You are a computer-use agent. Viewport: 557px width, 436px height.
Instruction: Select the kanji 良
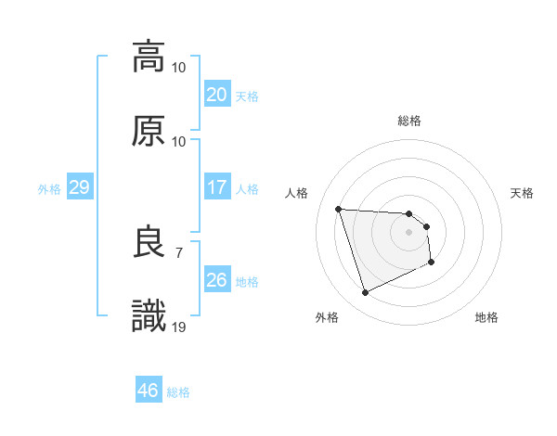(149, 242)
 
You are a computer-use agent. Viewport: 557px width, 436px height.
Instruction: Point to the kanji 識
(149, 316)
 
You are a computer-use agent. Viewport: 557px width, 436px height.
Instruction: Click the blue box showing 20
(216, 94)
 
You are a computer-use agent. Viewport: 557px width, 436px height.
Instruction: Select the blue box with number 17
(216, 187)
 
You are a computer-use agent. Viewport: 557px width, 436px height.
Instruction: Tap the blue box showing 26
(216, 280)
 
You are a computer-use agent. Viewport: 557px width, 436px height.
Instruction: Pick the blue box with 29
(79, 187)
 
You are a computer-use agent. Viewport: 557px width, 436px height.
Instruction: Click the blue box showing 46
(149, 391)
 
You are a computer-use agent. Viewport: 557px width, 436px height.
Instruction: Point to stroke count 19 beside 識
(179, 327)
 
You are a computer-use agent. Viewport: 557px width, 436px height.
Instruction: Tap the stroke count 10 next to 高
(179, 67)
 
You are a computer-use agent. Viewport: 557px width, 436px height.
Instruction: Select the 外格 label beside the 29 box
(49, 188)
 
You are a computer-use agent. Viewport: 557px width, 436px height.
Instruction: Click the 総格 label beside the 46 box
(178, 392)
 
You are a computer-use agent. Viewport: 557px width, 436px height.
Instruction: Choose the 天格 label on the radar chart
(523, 193)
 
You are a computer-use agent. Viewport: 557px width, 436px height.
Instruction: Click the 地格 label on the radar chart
(486, 317)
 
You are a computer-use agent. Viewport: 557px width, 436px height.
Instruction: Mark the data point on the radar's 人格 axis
(339, 209)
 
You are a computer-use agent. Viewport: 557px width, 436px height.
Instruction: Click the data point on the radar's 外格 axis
(365, 293)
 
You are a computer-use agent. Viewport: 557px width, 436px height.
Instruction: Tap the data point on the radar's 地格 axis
(432, 263)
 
